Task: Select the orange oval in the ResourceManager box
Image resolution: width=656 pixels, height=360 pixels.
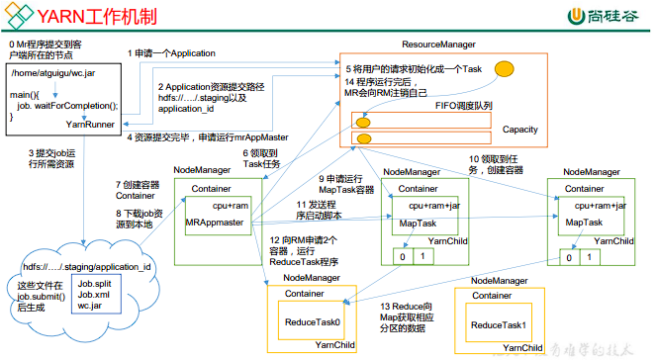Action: (504, 69)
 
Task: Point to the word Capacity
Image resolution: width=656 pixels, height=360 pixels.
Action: (520, 130)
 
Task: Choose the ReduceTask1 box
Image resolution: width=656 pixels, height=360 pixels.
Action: (497, 325)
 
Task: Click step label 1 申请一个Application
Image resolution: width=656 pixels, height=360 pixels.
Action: (171, 52)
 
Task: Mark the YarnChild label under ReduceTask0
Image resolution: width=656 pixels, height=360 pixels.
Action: (335, 345)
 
